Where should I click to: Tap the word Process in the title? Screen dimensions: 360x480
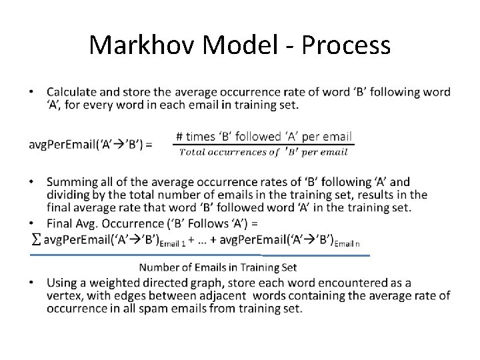pos(346,45)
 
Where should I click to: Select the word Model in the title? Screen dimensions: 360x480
pos(236,45)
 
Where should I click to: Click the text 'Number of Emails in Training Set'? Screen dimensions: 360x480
pos(217,267)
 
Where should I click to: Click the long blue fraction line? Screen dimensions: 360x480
pos(200,255)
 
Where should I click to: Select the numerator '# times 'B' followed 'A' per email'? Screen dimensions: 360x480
pos(263,137)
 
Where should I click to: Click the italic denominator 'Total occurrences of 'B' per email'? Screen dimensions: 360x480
pos(263,152)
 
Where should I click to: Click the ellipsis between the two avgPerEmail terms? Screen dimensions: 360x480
pos(208,240)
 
